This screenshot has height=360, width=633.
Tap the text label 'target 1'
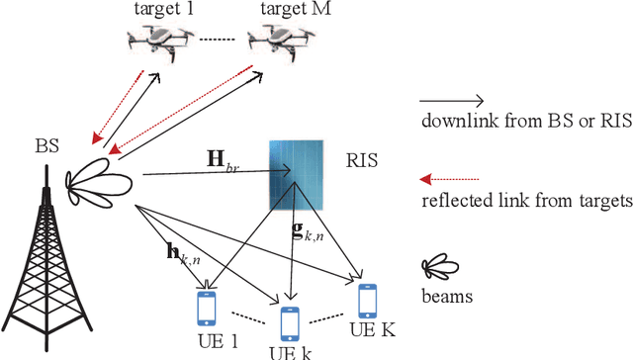click(163, 8)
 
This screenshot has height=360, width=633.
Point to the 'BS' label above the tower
click(45, 147)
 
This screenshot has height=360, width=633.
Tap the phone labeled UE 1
click(206, 308)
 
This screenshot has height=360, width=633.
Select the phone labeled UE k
click(289, 322)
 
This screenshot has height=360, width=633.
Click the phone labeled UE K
click(367, 300)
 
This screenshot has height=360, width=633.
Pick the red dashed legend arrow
click(451, 179)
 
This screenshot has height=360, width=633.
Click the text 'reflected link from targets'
click(525, 202)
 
